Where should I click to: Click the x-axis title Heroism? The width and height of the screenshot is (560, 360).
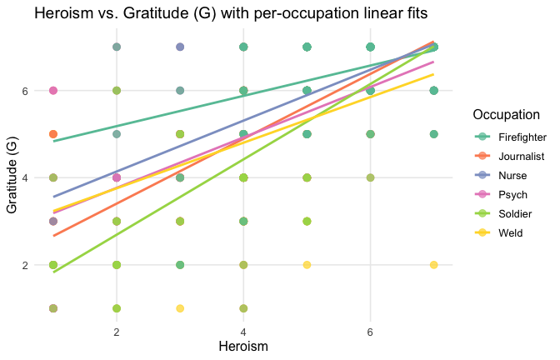[x=243, y=345]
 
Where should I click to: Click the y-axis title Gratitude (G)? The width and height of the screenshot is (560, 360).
[x=12, y=177]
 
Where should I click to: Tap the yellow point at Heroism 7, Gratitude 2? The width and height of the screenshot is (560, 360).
[x=433, y=265]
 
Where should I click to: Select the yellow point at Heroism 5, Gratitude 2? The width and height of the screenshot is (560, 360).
[x=307, y=265]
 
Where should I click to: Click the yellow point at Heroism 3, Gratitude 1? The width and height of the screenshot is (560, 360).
[x=180, y=308]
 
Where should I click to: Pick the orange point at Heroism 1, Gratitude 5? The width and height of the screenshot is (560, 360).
[x=53, y=134]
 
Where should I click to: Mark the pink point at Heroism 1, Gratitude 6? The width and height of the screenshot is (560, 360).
[x=53, y=91]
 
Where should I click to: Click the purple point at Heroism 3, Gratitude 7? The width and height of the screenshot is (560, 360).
[x=180, y=47]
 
